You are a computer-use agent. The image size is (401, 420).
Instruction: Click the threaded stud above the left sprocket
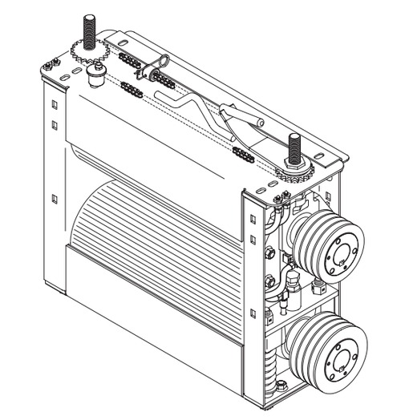click(x=86, y=32)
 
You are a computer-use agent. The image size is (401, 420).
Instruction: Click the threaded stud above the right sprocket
click(x=294, y=149)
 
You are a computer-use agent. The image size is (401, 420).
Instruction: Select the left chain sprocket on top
click(x=87, y=55)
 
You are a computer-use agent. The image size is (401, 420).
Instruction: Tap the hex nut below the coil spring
click(x=281, y=386)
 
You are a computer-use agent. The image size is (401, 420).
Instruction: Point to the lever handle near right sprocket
click(x=241, y=121)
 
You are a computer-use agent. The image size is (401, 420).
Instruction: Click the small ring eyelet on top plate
click(x=164, y=59)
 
